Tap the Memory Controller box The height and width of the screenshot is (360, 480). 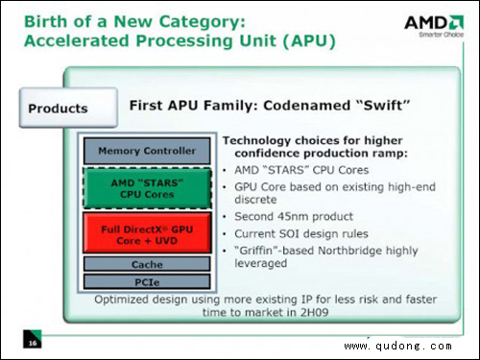[147, 151]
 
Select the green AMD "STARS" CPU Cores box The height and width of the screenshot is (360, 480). [147, 188]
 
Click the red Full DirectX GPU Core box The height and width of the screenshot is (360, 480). [147, 232]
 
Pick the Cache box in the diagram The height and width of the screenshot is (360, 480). [147, 264]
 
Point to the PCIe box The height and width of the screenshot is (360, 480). [147, 282]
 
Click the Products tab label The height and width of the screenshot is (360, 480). [58, 108]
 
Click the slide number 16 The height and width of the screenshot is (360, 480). [33, 344]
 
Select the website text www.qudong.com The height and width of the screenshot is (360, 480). [398, 346]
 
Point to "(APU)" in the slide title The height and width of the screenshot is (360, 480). [309, 41]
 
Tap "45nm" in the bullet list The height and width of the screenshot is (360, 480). [294, 217]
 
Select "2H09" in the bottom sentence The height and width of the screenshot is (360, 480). [314, 312]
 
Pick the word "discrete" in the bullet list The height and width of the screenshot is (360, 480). [255, 200]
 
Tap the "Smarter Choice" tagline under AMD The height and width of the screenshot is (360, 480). [442, 35]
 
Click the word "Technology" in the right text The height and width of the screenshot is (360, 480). [256, 141]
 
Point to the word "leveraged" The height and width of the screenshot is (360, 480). [260, 264]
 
